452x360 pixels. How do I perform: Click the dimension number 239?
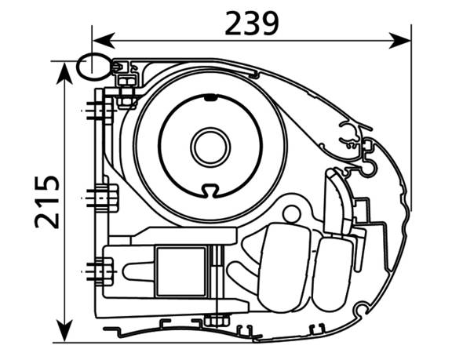252,24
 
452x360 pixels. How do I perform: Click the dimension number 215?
47,202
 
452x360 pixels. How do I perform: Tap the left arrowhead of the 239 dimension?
104,41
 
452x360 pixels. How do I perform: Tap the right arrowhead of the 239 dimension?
399,41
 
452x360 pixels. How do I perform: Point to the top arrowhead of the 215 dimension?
64,74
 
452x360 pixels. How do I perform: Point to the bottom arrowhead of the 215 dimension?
64,331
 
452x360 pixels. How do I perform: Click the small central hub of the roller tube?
210,147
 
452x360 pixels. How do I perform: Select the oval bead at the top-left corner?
93,67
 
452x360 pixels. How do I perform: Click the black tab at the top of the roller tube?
210,98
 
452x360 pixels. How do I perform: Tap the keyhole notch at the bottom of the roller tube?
210,191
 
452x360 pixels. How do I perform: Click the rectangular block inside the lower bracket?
181,271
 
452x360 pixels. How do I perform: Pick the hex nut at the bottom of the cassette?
217,321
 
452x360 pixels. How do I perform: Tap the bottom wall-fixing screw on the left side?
100,271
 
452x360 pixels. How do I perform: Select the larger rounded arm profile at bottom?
284,267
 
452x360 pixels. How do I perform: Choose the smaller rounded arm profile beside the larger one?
333,275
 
